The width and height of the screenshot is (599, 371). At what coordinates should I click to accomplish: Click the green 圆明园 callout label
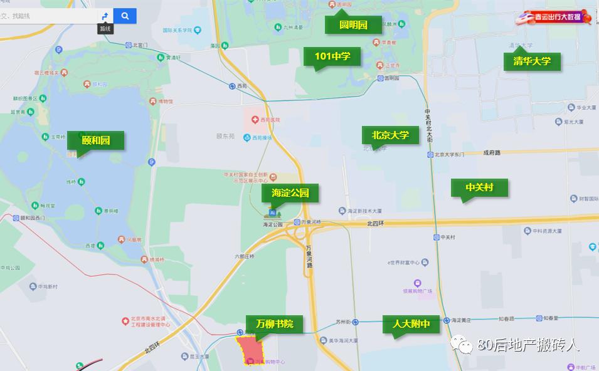pyautogui.click(x=353, y=25)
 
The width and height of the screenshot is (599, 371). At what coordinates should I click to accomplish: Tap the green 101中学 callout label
pyautogui.click(x=332, y=56)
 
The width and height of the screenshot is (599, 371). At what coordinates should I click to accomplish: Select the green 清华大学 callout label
pyautogui.click(x=532, y=61)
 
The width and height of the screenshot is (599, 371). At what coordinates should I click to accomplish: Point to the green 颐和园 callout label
pyautogui.click(x=96, y=140)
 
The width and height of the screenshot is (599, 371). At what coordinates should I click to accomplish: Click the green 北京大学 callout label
pyautogui.click(x=390, y=135)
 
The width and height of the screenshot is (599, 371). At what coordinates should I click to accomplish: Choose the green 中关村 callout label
pyautogui.click(x=480, y=187)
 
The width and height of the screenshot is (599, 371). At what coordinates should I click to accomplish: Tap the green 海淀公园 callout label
pyautogui.click(x=290, y=193)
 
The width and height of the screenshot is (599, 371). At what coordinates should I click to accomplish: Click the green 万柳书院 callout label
pyautogui.click(x=275, y=323)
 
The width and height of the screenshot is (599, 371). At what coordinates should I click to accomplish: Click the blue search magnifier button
pyautogui.click(x=125, y=16)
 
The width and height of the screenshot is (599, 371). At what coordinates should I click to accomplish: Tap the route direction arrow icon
pyautogui.click(x=105, y=16)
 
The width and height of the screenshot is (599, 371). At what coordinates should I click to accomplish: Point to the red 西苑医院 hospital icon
pyautogui.click(x=255, y=119)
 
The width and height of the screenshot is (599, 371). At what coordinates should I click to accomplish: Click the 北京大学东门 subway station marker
pyautogui.click(x=437, y=154)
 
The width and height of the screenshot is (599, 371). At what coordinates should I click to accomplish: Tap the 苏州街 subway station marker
pyautogui.click(x=356, y=321)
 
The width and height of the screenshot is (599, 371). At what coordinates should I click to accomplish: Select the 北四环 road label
pyautogui.click(x=374, y=222)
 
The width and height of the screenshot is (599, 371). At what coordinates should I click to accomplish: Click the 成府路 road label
pyautogui.click(x=492, y=152)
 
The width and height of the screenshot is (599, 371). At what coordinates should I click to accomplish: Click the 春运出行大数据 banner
pyautogui.click(x=554, y=19)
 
